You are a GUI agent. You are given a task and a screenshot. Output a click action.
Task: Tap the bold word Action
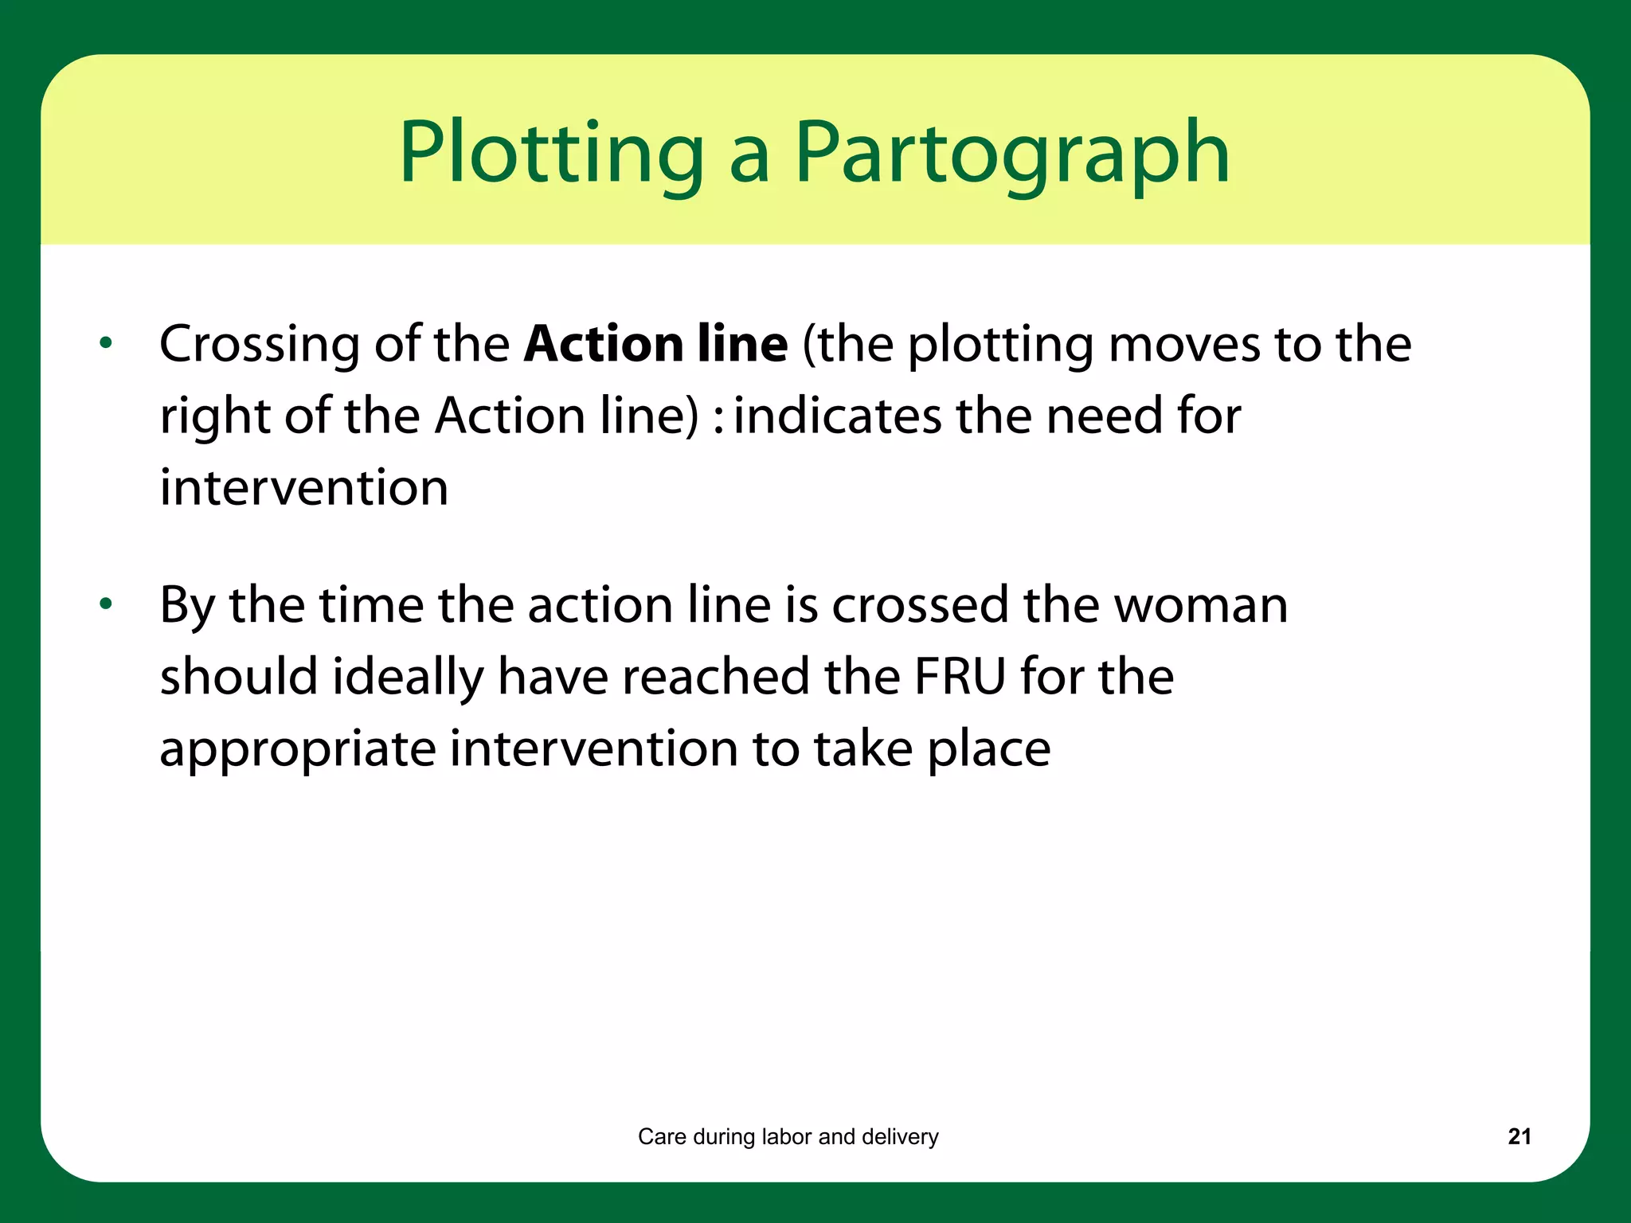[602, 344]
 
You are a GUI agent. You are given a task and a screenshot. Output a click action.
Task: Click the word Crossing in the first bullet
[260, 346]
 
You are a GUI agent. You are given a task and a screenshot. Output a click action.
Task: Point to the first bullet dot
[106, 344]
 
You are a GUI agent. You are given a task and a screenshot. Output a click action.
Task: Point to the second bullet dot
[106, 604]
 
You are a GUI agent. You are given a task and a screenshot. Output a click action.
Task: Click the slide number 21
[1520, 1136]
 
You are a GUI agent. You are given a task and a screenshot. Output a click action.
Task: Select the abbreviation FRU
[960, 677]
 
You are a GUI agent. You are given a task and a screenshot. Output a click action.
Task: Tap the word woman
[1200, 605]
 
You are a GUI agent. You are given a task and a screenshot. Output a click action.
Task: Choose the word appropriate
[297, 750]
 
